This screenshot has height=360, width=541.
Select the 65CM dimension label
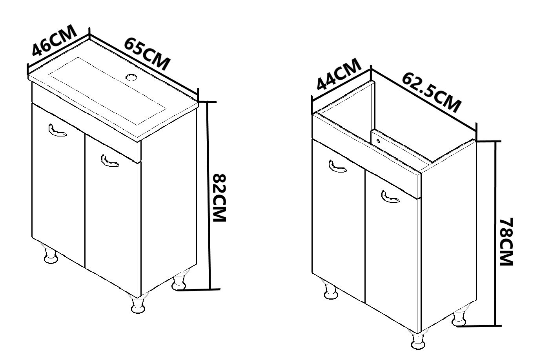pyautogui.click(x=147, y=54)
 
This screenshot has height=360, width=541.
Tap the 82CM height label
pyautogui.click(x=219, y=198)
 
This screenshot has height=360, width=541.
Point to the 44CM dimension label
pyautogui.click(x=339, y=74)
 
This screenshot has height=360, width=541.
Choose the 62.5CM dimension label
pyautogui.click(x=432, y=93)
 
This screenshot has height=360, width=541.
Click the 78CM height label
pyautogui.click(x=506, y=242)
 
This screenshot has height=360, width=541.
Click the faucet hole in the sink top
pyautogui.click(x=131, y=77)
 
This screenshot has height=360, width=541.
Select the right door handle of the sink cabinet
pyautogui.click(x=110, y=161)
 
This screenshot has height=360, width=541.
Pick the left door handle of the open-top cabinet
pyautogui.click(x=337, y=167)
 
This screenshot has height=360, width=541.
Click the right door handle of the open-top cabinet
pyautogui.click(x=390, y=197)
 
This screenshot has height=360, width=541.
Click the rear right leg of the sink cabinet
pyautogui.click(x=179, y=280)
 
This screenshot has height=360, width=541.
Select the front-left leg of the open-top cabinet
pyautogui.click(x=331, y=289)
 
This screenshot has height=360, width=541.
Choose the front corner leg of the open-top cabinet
pyautogui.click(x=419, y=340)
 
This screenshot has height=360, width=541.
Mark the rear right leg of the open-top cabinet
pyautogui.click(x=460, y=316)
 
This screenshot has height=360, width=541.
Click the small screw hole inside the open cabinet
pyautogui.click(x=378, y=141)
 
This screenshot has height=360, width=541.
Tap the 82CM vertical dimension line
pyautogui.click(x=209, y=196)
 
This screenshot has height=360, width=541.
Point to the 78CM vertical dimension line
pyautogui.click(x=496, y=234)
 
